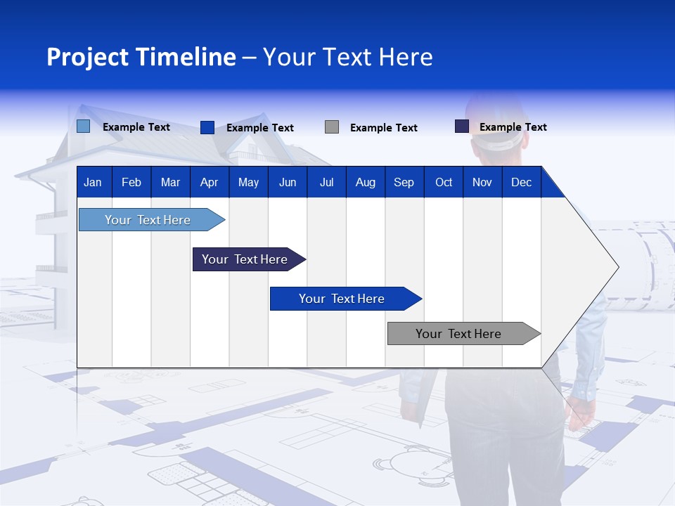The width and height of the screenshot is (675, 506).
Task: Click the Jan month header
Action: click(93, 183)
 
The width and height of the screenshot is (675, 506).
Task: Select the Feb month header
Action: click(131, 183)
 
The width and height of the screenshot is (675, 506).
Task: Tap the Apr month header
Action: click(209, 183)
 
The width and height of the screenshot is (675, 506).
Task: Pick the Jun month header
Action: click(288, 183)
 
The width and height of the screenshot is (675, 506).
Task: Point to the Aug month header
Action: click(366, 183)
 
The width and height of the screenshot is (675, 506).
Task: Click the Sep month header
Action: click(404, 183)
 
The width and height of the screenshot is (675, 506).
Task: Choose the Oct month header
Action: click(444, 183)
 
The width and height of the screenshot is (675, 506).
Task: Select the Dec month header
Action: click(522, 183)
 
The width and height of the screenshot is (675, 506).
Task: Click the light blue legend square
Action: click(83, 126)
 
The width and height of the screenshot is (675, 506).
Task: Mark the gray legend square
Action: click(332, 127)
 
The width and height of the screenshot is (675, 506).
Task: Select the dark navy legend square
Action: click(461, 126)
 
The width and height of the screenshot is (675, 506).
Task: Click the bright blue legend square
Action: click(207, 127)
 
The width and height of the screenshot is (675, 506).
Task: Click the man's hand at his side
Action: click(581, 413)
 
